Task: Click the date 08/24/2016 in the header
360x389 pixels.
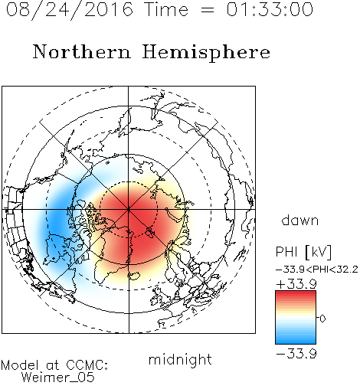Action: click(x=70, y=10)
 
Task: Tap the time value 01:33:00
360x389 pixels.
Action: click(x=270, y=9)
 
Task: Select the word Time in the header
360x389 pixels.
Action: click(x=166, y=9)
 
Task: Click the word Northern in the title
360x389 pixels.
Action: click(x=82, y=52)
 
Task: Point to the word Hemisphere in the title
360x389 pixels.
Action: click(x=206, y=53)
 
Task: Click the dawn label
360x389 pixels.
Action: click(x=300, y=220)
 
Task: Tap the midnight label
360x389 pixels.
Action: click(x=180, y=359)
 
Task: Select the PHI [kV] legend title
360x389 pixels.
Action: click(x=303, y=252)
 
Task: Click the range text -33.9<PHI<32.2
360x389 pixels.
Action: click(x=317, y=270)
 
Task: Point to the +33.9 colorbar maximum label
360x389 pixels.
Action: click(x=296, y=284)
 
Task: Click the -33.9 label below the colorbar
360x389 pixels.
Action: click(x=296, y=354)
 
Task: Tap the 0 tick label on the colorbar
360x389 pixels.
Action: click(x=322, y=319)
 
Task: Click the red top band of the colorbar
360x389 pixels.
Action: click(x=296, y=296)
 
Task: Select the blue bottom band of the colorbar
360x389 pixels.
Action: click(x=296, y=339)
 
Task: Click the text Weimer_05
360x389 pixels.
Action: click(x=58, y=378)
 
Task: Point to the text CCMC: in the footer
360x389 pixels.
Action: click(x=87, y=365)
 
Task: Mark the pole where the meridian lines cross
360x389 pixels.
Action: click(x=129, y=209)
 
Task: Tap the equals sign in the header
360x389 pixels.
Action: click(x=208, y=10)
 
